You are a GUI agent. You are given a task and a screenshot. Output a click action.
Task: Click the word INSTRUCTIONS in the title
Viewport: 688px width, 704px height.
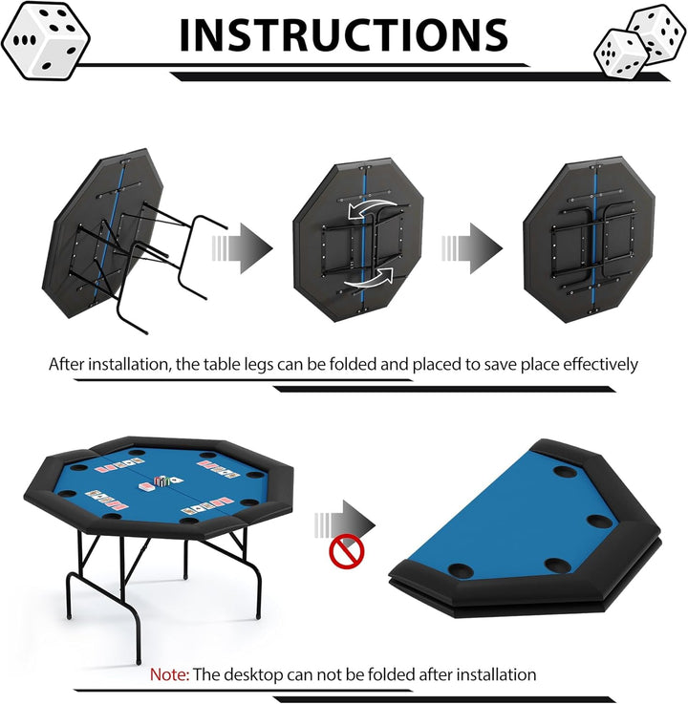(x=344, y=35)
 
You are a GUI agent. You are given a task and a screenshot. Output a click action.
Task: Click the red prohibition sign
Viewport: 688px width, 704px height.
(x=347, y=552)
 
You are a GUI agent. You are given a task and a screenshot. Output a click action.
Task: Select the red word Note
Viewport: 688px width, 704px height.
(x=169, y=674)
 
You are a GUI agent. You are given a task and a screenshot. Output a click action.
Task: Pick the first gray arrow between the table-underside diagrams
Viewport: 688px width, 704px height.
(x=242, y=247)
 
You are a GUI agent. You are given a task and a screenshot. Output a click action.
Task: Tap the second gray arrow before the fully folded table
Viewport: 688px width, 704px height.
(x=472, y=247)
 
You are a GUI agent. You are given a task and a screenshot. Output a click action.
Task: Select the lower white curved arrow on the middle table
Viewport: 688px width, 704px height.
(x=369, y=278)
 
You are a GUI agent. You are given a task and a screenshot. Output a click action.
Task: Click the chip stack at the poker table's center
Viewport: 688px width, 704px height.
(x=161, y=480)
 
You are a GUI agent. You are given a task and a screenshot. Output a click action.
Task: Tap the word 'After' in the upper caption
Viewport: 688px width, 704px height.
(x=67, y=364)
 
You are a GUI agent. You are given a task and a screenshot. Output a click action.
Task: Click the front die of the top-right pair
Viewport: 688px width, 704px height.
(x=622, y=53)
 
